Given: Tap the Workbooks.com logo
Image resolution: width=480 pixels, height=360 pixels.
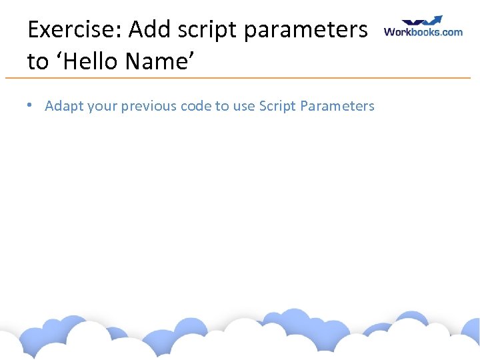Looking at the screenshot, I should pyautogui.click(x=423, y=27).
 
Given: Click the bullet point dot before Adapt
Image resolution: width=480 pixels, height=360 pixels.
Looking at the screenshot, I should pyautogui.click(x=31, y=105).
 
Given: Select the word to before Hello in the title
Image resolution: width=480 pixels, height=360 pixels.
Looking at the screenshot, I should pyautogui.click(x=37, y=62).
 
